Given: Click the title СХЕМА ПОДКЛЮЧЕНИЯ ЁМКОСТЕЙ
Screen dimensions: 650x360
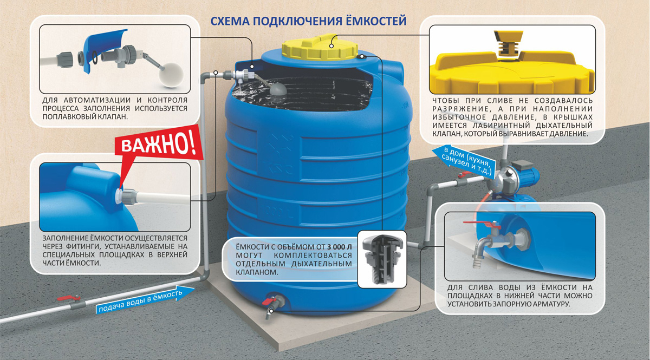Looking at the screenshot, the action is click(x=308, y=21).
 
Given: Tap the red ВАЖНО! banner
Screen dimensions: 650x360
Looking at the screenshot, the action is click(x=158, y=144).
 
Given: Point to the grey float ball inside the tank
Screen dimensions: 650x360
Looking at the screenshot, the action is click(x=278, y=89).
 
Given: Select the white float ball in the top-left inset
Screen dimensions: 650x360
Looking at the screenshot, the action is click(x=171, y=75).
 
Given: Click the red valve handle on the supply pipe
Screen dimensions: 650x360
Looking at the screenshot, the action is click(x=68, y=298).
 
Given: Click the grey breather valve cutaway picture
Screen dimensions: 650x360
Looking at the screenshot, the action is click(x=381, y=259).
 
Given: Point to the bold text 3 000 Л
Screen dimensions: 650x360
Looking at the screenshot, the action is click(x=339, y=247).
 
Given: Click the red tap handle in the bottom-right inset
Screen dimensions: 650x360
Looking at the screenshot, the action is click(x=482, y=224).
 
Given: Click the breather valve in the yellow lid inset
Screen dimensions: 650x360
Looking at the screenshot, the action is click(x=509, y=44).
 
